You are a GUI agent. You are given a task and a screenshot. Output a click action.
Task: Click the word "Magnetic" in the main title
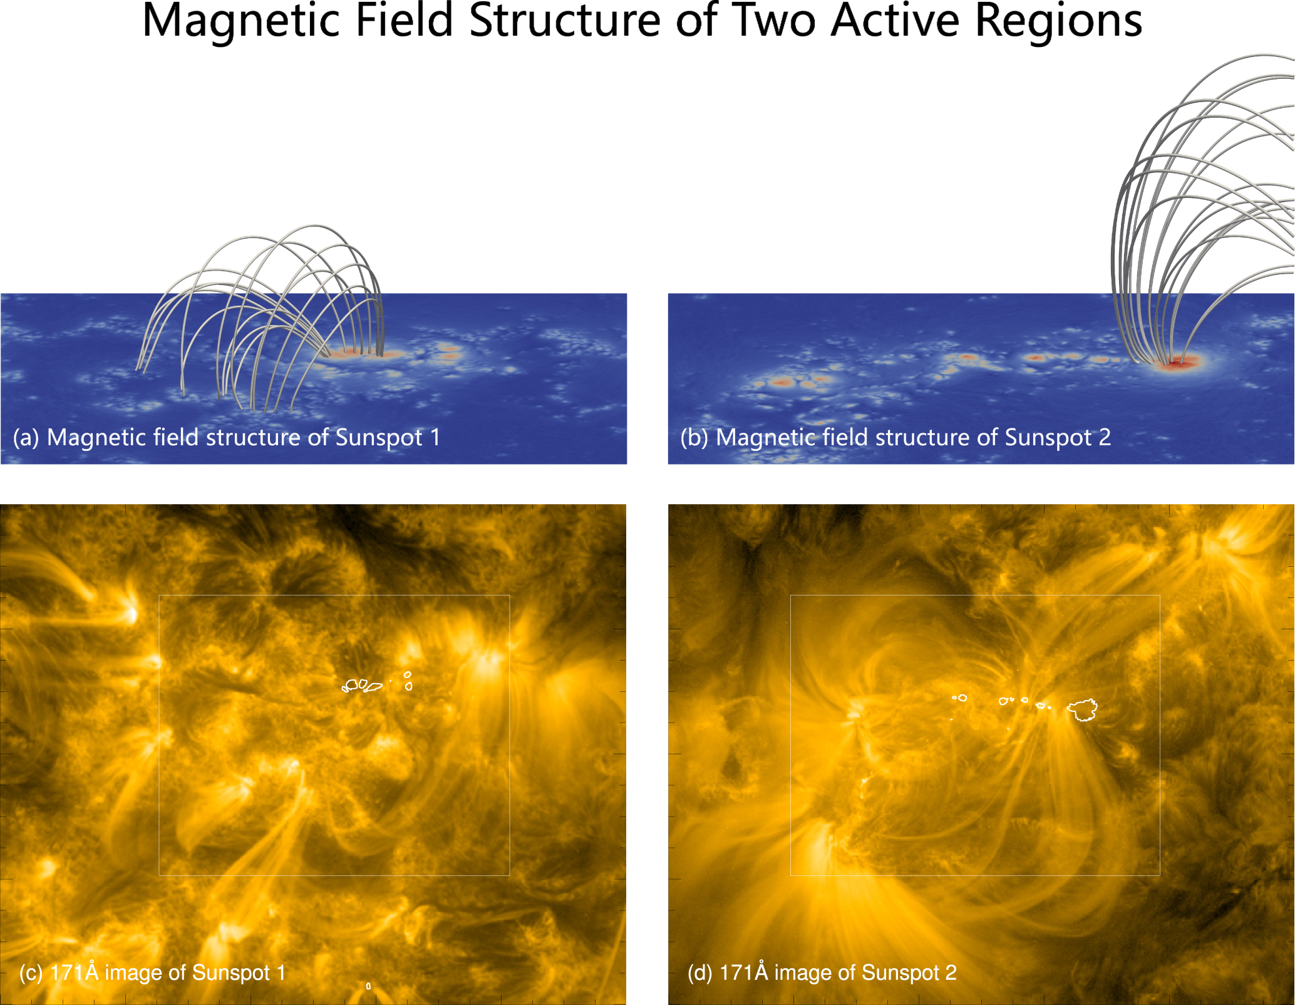point(241,21)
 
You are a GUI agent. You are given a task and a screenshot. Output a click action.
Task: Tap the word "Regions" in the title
point(1059,21)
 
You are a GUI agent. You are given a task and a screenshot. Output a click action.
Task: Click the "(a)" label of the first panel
point(26,438)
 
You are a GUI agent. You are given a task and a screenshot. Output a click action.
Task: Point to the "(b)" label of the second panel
point(694,438)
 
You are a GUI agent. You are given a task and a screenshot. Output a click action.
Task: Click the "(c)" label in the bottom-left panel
point(31,972)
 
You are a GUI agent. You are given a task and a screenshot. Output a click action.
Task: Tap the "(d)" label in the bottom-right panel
point(700,972)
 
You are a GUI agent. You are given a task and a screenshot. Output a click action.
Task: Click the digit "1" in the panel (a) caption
point(435,437)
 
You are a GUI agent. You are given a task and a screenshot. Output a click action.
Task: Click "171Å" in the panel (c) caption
point(75,972)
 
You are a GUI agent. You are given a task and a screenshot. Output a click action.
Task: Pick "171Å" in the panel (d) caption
point(744,972)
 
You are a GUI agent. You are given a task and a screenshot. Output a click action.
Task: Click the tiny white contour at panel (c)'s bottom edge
point(368,986)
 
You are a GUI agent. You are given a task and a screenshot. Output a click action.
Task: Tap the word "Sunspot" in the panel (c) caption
point(230,972)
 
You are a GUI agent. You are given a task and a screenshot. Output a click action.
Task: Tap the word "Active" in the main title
point(896,21)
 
